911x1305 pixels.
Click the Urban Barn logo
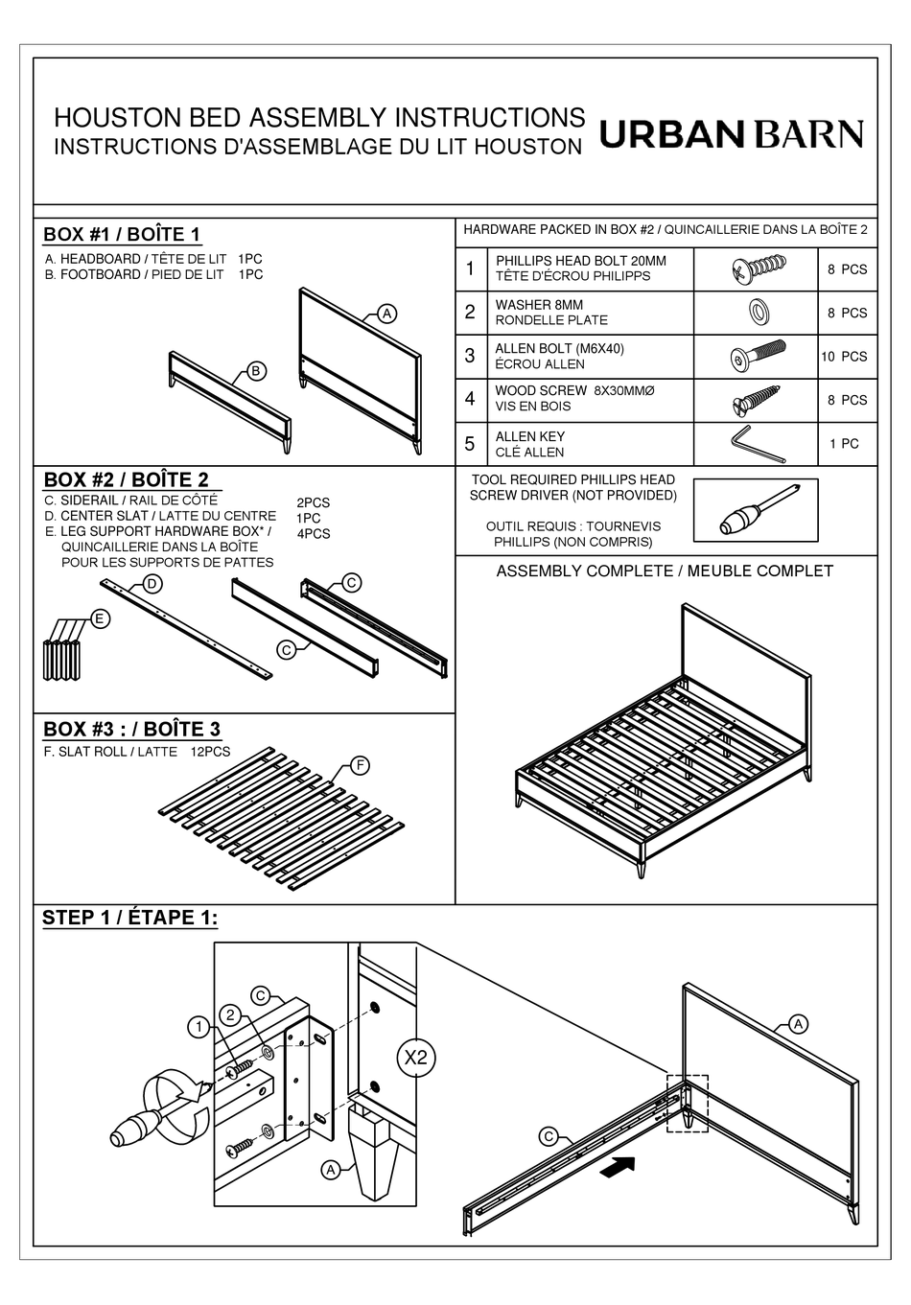[x=731, y=134]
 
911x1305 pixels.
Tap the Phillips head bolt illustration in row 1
[x=754, y=268]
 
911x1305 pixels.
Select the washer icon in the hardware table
[x=755, y=312]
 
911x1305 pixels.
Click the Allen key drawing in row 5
[x=754, y=443]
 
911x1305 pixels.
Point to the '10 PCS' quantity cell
[x=843, y=357]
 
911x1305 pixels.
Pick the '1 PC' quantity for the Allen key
[x=844, y=444]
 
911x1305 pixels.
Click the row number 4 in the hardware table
[x=470, y=399]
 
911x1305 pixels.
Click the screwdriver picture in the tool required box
[x=755, y=510]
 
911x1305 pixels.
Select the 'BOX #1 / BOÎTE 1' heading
[x=122, y=235]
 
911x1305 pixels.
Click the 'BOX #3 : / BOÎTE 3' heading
[x=131, y=730]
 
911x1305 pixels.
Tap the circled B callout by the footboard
[x=256, y=372]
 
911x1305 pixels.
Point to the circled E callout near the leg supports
[x=99, y=619]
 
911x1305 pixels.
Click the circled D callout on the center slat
[x=152, y=584]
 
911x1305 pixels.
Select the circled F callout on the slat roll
[x=360, y=765]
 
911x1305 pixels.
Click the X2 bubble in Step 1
[x=416, y=1058]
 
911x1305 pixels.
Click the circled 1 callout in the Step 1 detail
[x=198, y=1028]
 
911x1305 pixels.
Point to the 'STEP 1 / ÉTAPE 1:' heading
[x=129, y=919]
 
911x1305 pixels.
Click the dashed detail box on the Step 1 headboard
[x=687, y=1104]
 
